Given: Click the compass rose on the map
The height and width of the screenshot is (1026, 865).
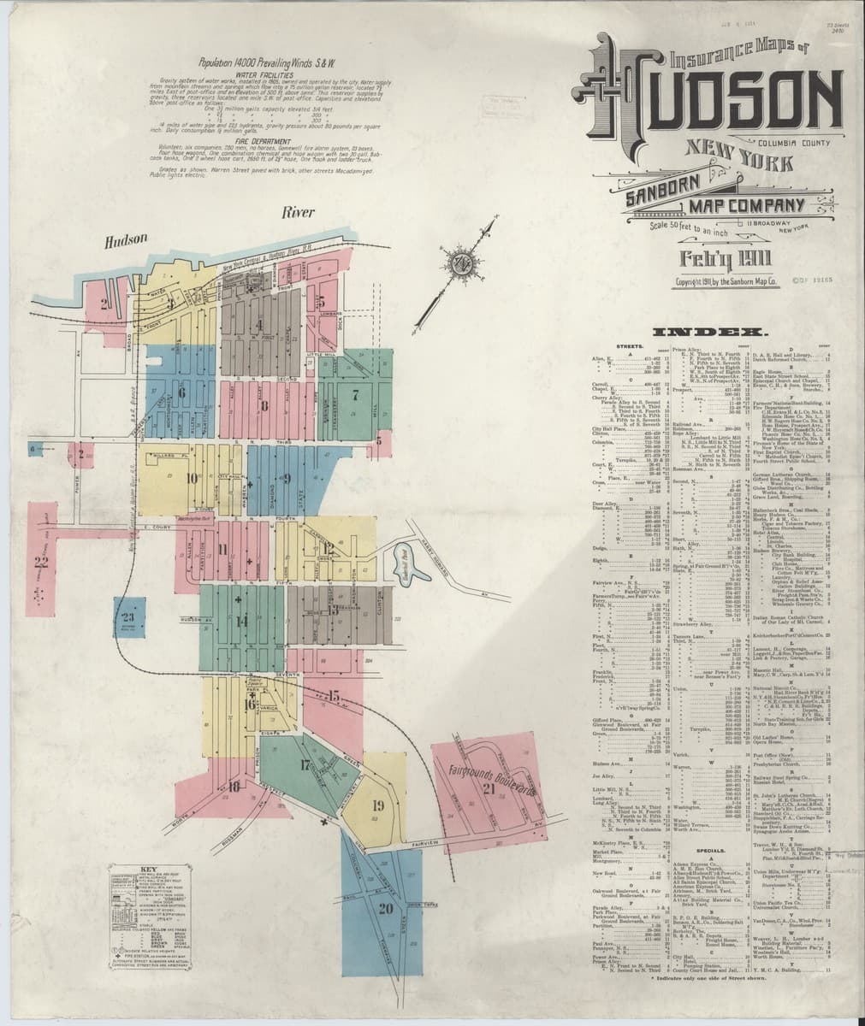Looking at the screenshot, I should (462, 264).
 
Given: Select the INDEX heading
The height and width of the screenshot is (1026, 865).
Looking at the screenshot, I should (714, 331).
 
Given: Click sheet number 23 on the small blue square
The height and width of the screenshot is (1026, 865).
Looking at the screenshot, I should (129, 618).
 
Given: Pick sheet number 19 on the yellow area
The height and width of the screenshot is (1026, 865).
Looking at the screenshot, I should (378, 805).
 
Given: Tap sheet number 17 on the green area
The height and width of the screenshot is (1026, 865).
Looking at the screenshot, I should (305, 765).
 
